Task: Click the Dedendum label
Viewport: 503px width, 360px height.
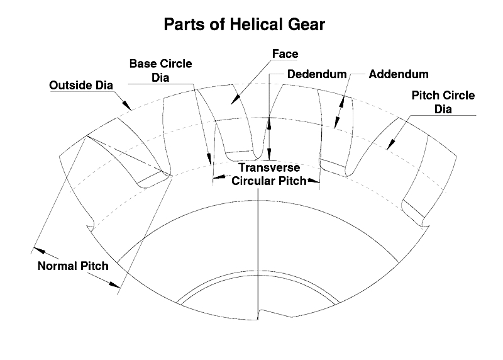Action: (316, 74)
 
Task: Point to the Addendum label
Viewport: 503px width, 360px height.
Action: (399, 74)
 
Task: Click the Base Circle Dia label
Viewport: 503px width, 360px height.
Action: (160, 70)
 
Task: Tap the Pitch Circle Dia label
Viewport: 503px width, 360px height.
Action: (443, 102)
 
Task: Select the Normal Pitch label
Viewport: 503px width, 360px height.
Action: (73, 266)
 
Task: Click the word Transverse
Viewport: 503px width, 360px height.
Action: (268, 168)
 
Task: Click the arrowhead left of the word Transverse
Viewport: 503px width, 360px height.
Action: (218, 177)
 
